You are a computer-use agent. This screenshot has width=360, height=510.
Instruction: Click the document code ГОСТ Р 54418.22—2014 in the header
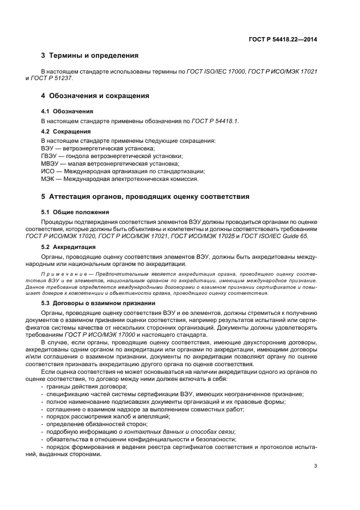(283, 39)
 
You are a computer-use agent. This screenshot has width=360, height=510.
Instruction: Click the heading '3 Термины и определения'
(90, 56)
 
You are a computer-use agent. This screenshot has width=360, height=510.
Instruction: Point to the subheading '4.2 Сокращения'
(65, 131)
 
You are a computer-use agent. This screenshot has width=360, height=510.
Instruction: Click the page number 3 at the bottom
(315, 465)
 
